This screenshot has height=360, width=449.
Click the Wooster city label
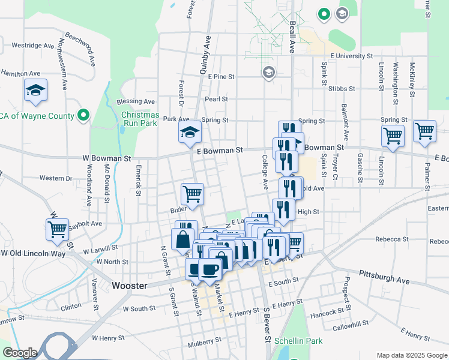[x=130, y=286]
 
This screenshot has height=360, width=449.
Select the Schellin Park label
[x=298, y=341]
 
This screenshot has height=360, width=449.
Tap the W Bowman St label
[x=107, y=159]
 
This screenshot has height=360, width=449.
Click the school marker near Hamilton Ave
[x=35, y=91]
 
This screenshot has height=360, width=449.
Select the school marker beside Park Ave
[x=190, y=132]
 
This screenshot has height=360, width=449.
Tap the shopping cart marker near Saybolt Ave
[x=57, y=229]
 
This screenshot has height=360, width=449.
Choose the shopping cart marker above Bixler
[x=192, y=194]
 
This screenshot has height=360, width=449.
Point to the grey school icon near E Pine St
[x=268, y=73]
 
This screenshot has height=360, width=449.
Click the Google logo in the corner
[x=19, y=353]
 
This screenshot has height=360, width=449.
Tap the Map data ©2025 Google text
[x=412, y=355]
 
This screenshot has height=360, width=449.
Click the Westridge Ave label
[x=33, y=45]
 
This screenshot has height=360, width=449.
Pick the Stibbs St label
[x=343, y=88]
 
